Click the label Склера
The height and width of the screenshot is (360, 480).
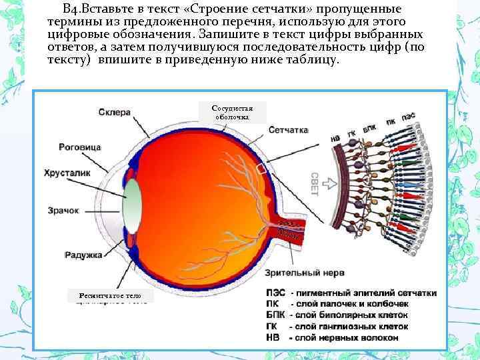tap(115, 113)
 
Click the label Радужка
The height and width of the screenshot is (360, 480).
tap(83, 254)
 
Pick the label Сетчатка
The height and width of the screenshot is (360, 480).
tap(289, 130)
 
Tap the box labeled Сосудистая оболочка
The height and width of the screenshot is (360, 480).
tap(232, 111)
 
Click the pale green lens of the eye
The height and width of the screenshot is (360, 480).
tap(133, 206)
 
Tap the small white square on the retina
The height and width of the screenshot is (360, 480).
tap(261, 170)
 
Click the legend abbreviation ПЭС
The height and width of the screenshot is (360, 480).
tap(275, 293)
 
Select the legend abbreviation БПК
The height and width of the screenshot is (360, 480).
tap(275, 315)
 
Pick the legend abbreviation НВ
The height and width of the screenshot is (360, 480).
tap(273, 338)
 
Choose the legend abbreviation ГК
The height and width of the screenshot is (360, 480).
tap(273, 327)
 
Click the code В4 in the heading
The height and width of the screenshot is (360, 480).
tap(71, 9)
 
